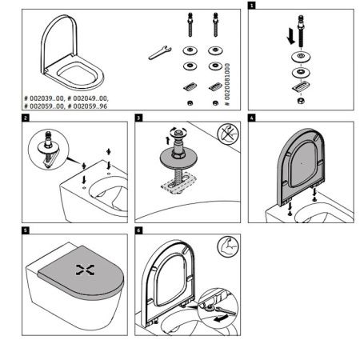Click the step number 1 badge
coord(254,5)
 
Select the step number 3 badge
coord(139,118)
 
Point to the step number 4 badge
coord(253,118)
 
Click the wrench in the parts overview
coord(157,54)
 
